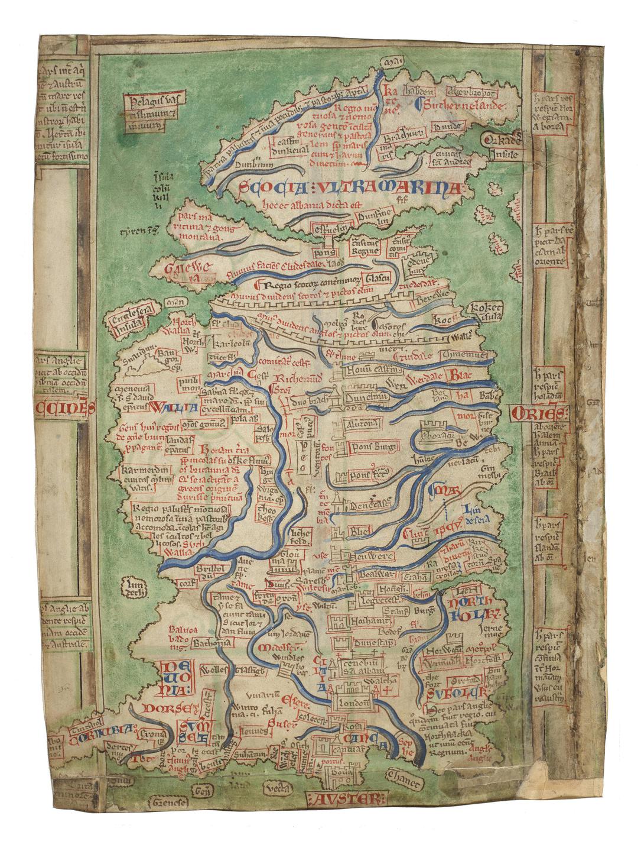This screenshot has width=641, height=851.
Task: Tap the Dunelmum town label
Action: pyautogui.click(x=366, y=399)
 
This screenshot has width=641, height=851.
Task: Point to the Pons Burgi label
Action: pyautogui.click(x=372, y=448)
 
